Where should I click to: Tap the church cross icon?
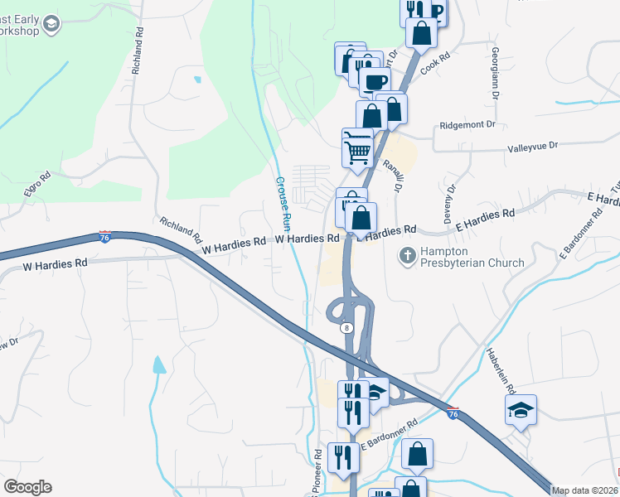pos(407,256)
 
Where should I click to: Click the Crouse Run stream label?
pos(283,202)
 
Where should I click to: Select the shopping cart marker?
pos(357,147)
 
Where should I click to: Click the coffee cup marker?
pos(375,80)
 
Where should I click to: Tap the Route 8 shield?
pos(346,327)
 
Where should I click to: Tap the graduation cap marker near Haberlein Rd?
pos(521,409)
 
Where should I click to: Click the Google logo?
pos(27,487)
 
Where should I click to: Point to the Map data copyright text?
pos(584,490)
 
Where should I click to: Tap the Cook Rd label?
pos(434,65)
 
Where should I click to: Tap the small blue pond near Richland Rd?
pos(197,80)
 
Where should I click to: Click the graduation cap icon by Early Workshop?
pos(52,24)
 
